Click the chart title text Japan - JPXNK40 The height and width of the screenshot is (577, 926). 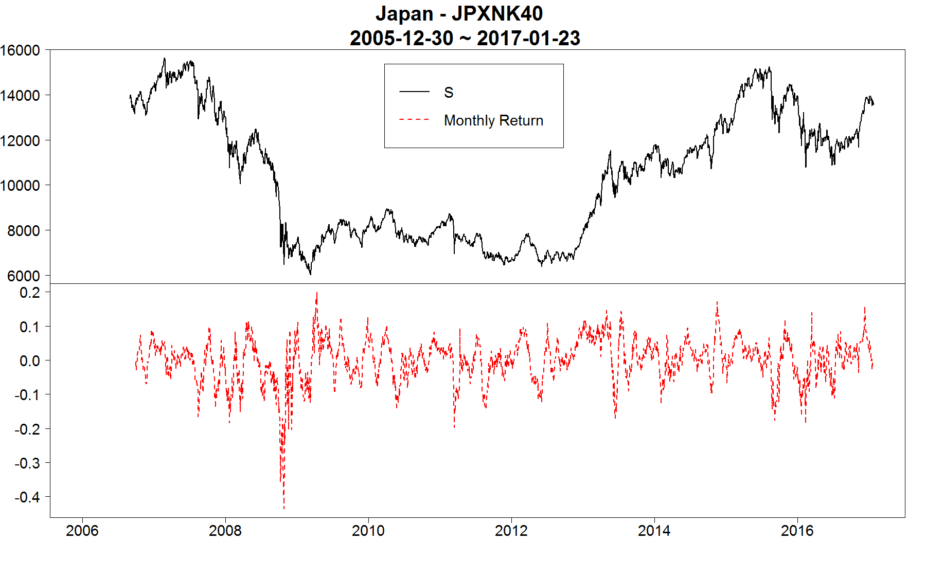point(459,14)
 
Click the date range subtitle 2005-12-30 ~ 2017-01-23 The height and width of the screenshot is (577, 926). point(465,39)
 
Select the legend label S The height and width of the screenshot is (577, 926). point(449,93)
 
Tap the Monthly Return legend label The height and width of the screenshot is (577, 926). point(493,120)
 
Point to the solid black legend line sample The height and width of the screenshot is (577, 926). point(414,92)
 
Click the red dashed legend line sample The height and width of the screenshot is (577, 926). point(414,120)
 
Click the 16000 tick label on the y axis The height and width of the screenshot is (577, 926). point(21,50)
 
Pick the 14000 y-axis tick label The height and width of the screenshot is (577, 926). point(21,96)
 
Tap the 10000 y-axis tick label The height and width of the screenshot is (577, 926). point(21,186)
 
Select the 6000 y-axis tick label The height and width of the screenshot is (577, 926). point(24,276)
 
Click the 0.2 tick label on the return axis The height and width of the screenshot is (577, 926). point(30,293)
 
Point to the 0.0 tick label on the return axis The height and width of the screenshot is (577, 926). point(30,361)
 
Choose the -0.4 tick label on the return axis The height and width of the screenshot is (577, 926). point(27,497)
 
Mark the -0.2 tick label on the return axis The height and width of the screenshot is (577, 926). point(27,429)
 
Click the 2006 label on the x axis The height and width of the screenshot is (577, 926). point(82,531)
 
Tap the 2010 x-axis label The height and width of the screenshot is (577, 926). point(368,531)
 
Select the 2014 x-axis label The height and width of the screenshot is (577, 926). point(654,531)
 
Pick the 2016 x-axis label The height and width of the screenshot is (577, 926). point(797,531)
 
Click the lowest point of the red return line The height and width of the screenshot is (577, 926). point(284,509)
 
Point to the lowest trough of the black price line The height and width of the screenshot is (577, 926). point(310,274)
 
